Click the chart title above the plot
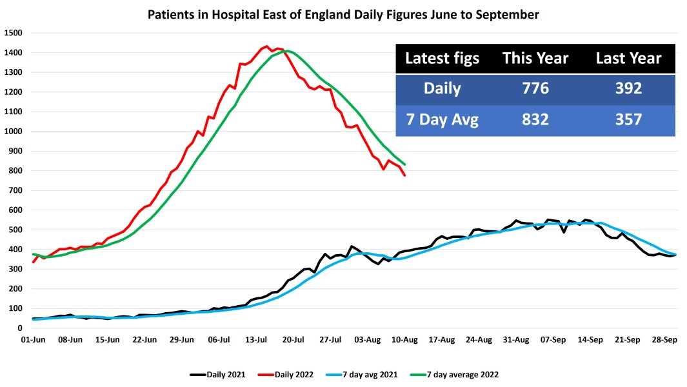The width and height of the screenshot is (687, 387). [x=343, y=14]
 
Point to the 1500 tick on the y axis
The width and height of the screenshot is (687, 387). [x=13, y=33]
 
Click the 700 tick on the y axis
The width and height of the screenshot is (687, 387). [x=15, y=190]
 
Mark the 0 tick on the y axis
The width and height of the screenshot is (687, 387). [x=20, y=328]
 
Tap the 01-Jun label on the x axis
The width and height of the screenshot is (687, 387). [x=33, y=339]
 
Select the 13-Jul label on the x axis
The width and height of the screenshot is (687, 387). [x=256, y=339]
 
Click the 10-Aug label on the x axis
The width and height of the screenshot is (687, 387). [x=405, y=339]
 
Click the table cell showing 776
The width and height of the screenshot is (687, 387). [x=535, y=88]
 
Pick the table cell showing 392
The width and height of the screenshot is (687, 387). [x=628, y=88]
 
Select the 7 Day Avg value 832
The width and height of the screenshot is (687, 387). [x=535, y=119]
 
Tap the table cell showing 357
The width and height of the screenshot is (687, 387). [x=628, y=119]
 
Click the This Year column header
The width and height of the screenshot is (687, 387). [x=535, y=59]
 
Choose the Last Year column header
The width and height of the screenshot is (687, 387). [x=628, y=59]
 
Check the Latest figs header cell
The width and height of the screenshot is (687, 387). [x=442, y=59]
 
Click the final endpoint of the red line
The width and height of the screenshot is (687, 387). [x=405, y=175]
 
